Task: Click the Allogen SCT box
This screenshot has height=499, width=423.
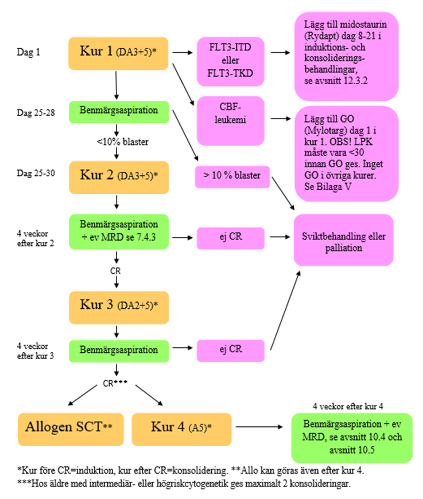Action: click(71, 428)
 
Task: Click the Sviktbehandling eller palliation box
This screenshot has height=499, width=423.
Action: click(344, 240)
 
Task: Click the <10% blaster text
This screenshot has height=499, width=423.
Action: click(117, 141)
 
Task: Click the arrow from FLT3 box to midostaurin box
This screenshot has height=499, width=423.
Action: click(279, 53)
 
